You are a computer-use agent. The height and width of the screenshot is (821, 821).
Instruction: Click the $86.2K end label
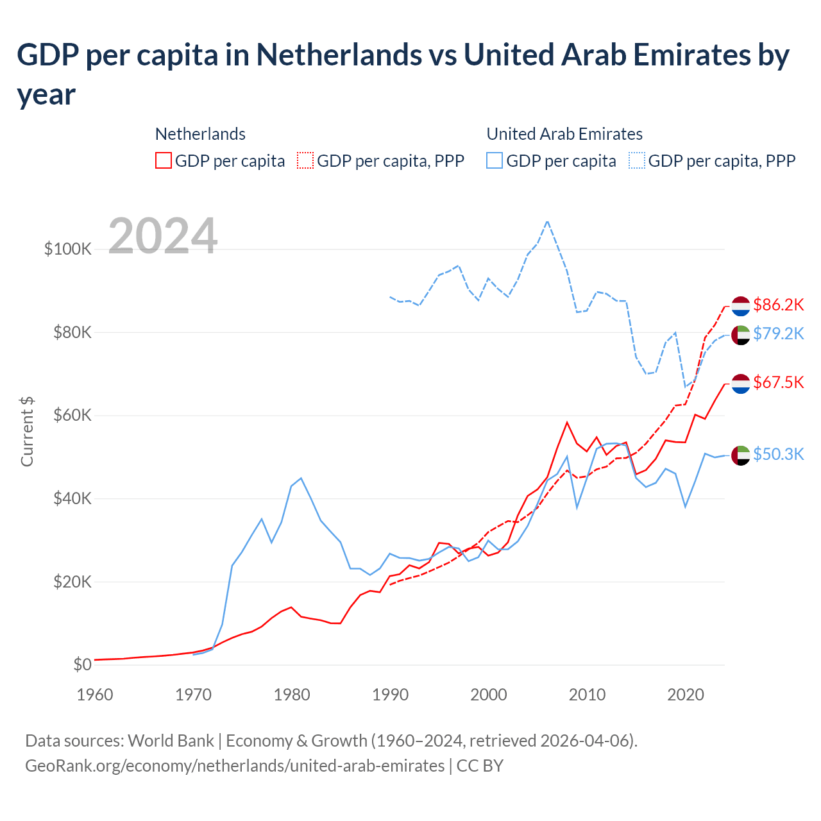(778, 305)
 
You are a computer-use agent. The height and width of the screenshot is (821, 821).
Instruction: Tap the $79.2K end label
(778, 334)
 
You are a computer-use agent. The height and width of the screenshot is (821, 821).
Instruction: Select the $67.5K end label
(778, 383)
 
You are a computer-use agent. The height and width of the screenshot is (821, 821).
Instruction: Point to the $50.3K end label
(778, 454)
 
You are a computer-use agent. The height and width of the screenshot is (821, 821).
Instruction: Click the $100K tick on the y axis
(68, 249)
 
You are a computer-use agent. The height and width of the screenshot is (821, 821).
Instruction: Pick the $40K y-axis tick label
(72, 498)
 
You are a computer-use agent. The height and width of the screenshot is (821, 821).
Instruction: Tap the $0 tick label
(82, 664)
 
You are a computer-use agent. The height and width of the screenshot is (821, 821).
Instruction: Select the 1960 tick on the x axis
(95, 695)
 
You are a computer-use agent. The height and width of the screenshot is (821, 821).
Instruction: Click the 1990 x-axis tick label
(390, 695)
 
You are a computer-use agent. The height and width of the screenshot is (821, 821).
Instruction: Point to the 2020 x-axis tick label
(685, 695)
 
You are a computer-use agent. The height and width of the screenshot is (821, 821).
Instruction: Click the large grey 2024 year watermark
(163, 236)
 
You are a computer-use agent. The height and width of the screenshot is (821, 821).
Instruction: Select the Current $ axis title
(27, 431)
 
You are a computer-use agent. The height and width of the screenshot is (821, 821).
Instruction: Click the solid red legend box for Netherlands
(164, 160)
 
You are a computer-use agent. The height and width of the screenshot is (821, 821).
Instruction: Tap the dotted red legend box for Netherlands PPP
(305, 160)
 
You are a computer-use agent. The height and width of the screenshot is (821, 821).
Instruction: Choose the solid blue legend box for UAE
(495, 160)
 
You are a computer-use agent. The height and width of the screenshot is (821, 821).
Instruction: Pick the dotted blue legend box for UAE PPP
(637, 160)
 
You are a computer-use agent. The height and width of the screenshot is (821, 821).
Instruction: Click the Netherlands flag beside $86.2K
(741, 306)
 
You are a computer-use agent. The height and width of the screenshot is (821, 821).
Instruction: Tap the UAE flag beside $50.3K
(741, 455)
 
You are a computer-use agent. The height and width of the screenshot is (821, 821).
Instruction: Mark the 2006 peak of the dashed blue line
(547, 221)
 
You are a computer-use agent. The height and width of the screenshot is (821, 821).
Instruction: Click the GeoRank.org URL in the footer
(235, 766)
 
